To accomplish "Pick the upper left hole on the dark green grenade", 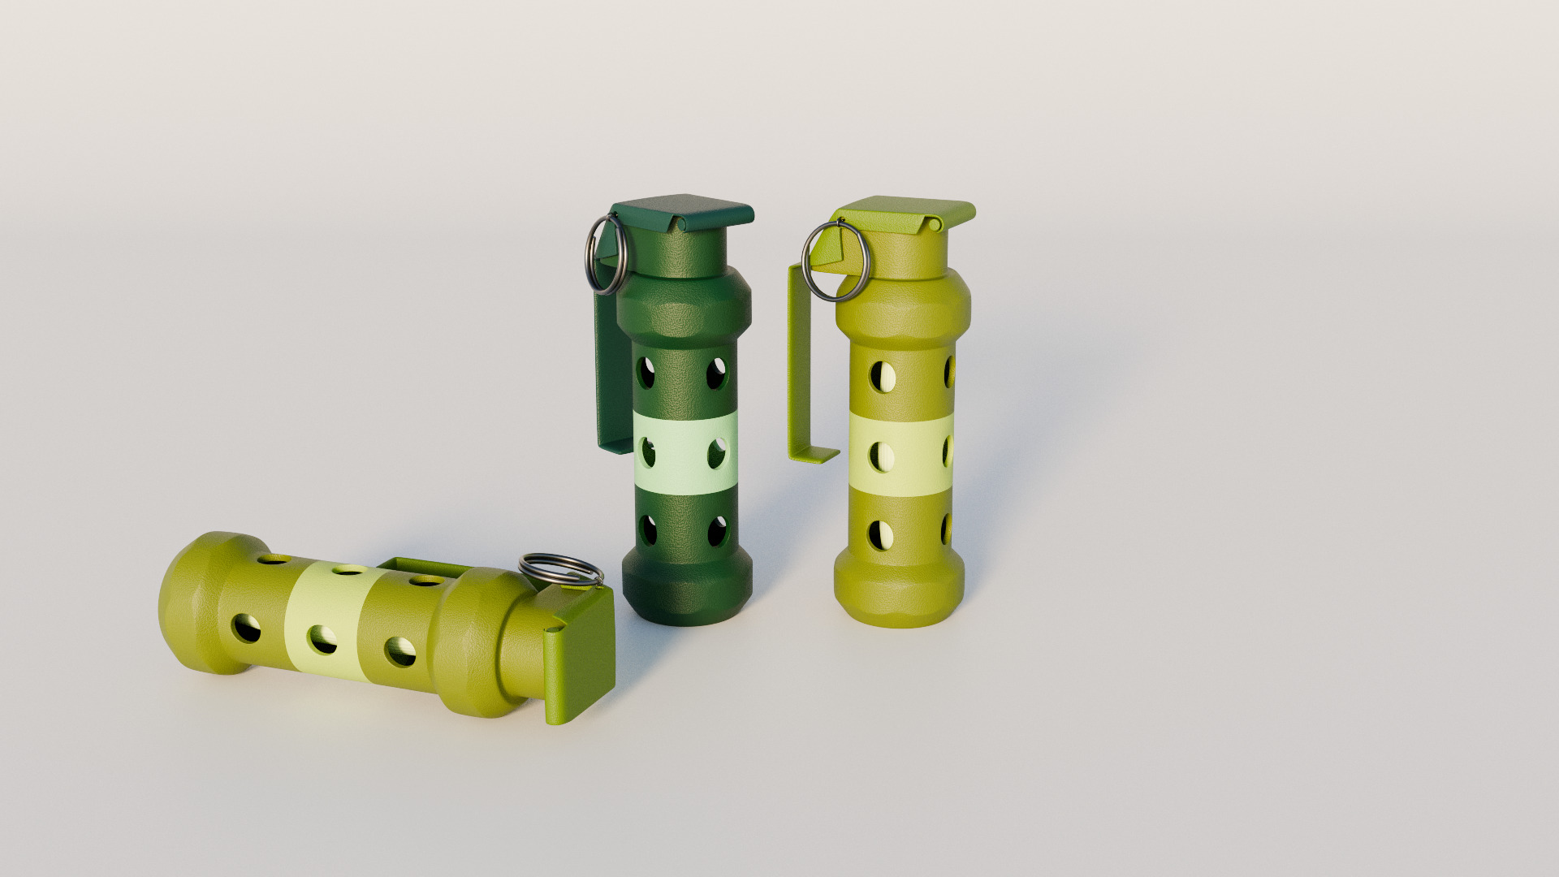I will click(x=646, y=373).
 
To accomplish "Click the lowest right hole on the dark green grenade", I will click(x=718, y=531).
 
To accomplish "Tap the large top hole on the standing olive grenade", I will click(x=883, y=376).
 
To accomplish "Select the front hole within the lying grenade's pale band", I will click(x=323, y=640).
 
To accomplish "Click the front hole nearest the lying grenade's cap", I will click(x=399, y=650).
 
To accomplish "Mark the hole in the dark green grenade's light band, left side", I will click(x=649, y=452).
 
